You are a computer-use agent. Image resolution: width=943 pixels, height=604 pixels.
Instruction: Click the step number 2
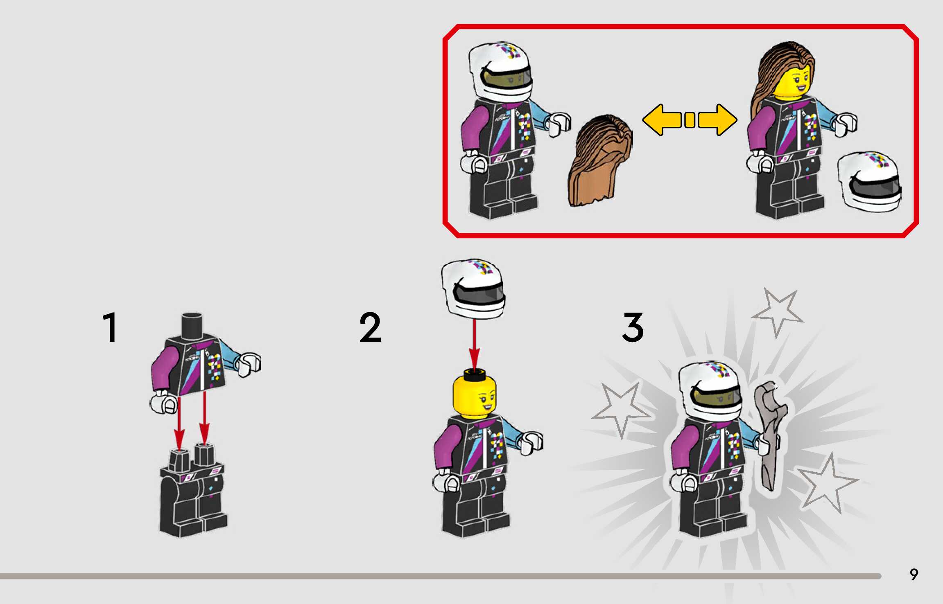pyautogui.click(x=370, y=327)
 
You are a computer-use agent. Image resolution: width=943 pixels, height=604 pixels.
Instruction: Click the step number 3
pyautogui.click(x=633, y=327)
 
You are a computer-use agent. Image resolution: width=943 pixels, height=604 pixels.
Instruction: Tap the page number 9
pyautogui.click(x=914, y=575)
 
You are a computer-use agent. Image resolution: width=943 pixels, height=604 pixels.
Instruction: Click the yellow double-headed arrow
pyautogui.click(x=690, y=120)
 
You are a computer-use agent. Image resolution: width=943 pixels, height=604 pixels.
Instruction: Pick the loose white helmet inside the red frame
pyautogui.click(x=869, y=182)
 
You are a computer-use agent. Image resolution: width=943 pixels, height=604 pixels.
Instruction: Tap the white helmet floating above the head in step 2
pyautogui.click(x=473, y=288)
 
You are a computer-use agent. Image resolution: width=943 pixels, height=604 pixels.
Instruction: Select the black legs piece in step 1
pyautogui.click(x=192, y=491)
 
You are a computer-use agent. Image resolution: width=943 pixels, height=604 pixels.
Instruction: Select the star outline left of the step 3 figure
pyautogui.click(x=621, y=409)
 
